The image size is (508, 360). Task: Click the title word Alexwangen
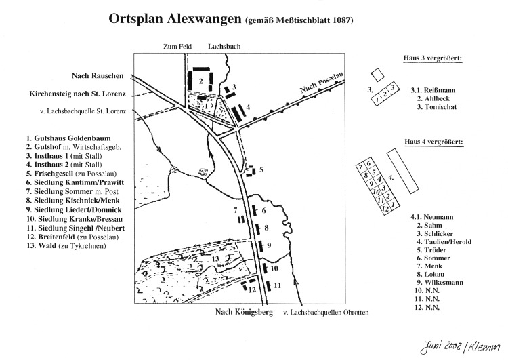pyautogui.click(x=204, y=19)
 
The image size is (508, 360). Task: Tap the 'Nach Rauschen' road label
pyautogui.click(x=98, y=75)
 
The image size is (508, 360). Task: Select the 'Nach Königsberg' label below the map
pyautogui.click(x=244, y=312)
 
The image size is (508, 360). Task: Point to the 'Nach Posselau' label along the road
pyautogui.click(x=321, y=83)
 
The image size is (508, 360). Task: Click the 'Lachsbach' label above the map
pyautogui.click(x=224, y=46)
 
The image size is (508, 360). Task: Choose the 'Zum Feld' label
pyautogui.click(x=177, y=47)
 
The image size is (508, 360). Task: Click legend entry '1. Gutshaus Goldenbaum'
pyautogui.click(x=68, y=138)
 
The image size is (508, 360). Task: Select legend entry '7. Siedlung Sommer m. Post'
pyautogui.click(x=72, y=192)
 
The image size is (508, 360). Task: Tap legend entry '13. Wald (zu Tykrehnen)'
pyautogui.click(x=66, y=246)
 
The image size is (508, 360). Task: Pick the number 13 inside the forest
pyautogui.click(x=215, y=259)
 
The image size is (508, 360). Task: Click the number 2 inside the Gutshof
pyautogui.click(x=201, y=81)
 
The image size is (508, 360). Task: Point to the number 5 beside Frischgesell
pyautogui.click(x=261, y=169)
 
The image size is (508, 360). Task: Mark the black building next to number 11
pyautogui.click(x=268, y=286)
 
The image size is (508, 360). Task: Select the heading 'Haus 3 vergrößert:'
pyautogui.click(x=433, y=58)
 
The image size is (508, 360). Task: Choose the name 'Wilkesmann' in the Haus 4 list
pyautogui.click(x=444, y=283)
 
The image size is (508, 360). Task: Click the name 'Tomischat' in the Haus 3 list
pyautogui.click(x=441, y=107)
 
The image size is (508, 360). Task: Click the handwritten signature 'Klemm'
pyautogui.click(x=484, y=347)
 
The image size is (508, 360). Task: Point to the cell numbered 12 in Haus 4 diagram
pyautogui.click(x=385, y=209)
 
